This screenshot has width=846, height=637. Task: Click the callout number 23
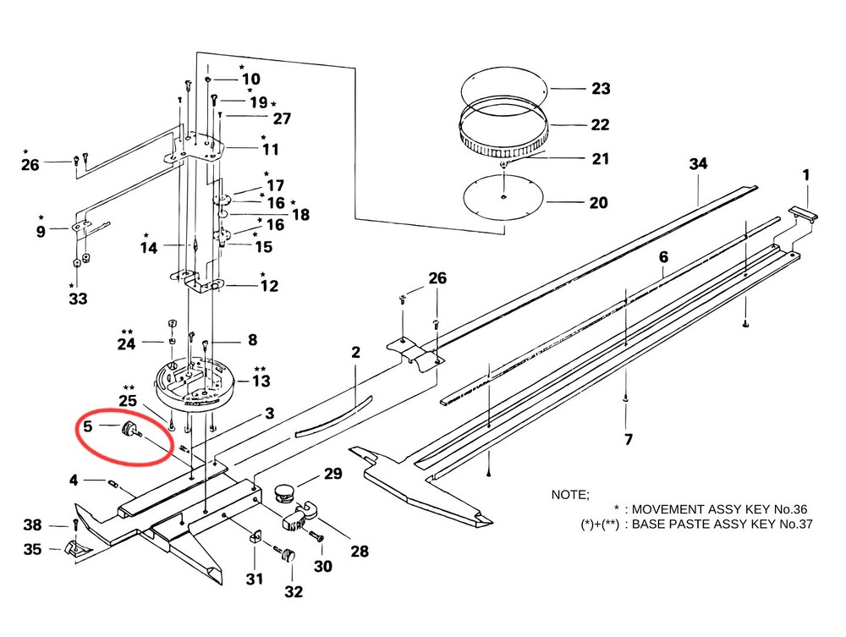coord(601,89)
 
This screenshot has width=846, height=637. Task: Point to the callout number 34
coord(698,163)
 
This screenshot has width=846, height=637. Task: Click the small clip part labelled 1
coord(805,215)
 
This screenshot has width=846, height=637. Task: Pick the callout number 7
coord(627,439)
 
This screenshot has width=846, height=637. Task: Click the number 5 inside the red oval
coord(87,426)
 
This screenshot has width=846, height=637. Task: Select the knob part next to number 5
coord(131,430)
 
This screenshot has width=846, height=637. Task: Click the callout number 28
coord(360,552)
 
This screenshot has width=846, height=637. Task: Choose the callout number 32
coord(293,591)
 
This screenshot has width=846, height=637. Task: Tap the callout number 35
coord(32,550)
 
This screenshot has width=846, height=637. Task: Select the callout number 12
coord(268,286)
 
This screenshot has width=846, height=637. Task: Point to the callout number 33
coord(77,298)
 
